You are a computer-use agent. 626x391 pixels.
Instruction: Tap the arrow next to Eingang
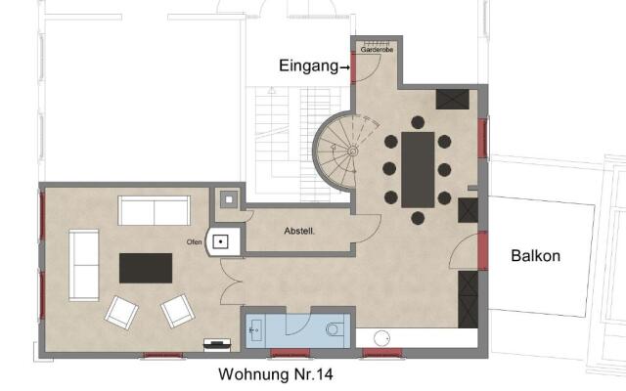[x=343, y=67]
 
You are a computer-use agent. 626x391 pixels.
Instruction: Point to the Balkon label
[x=535, y=256]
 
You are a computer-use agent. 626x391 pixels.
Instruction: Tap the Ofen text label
[x=194, y=241]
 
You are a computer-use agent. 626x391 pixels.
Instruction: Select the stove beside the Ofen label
[x=222, y=240]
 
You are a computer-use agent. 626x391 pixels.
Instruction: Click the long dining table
[x=418, y=168]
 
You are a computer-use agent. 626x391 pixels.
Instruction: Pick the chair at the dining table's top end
[x=418, y=122]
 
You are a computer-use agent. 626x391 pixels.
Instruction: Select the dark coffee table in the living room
[x=146, y=267]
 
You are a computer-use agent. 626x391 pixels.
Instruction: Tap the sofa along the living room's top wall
[x=154, y=210]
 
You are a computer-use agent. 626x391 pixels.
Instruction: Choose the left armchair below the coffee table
[x=122, y=312]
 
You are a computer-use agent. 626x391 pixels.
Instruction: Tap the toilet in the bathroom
[x=333, y=329]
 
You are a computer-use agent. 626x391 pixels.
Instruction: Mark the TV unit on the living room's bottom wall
[x=217, y=343]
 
